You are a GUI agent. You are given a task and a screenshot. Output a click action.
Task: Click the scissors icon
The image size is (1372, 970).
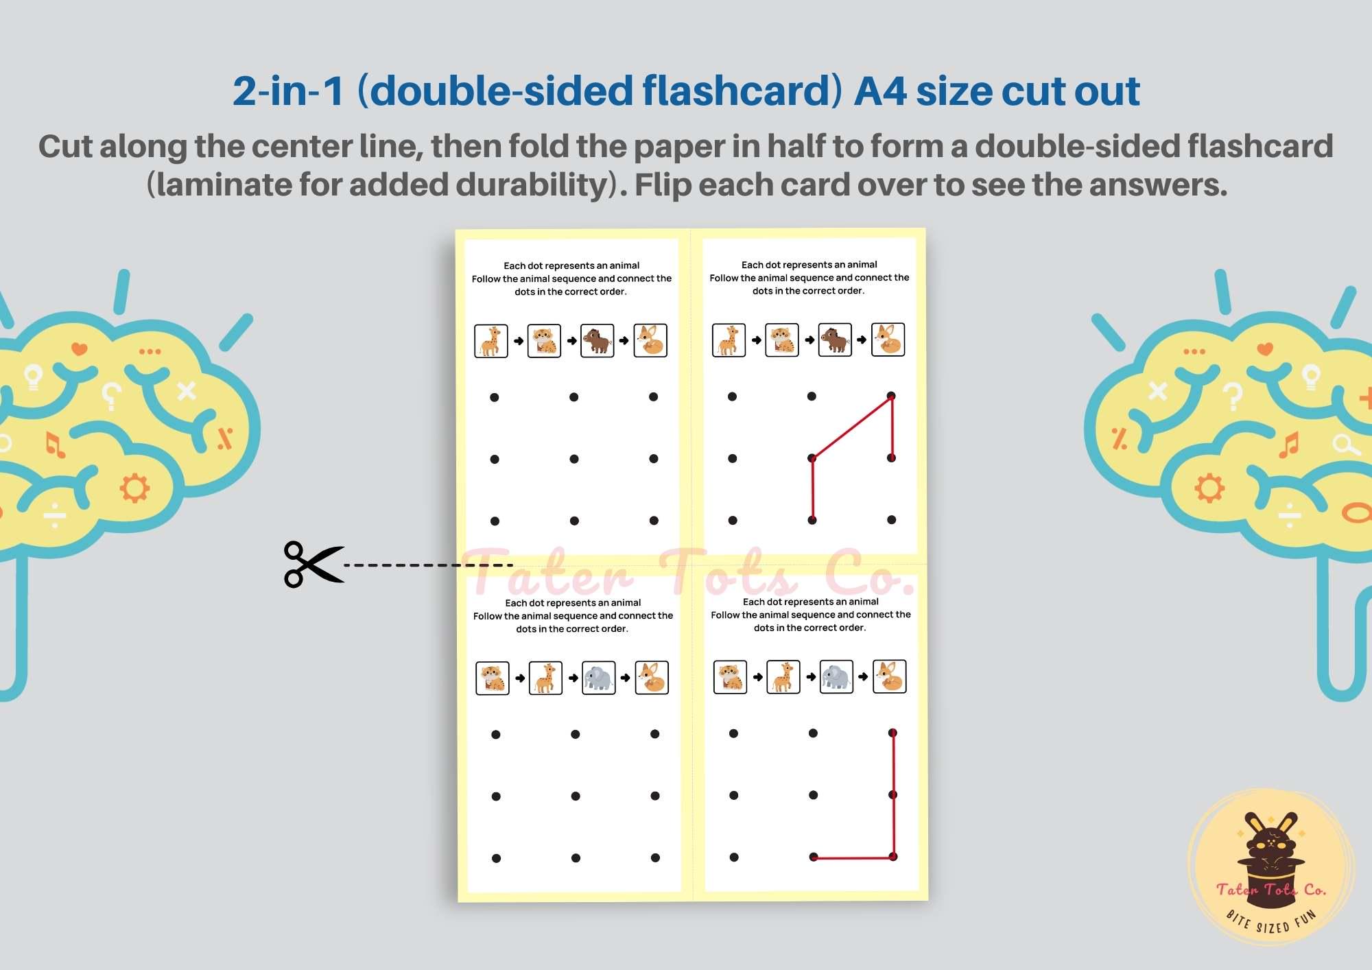click(313, 565)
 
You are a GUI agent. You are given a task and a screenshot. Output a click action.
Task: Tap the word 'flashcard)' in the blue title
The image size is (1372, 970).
click(742, 91)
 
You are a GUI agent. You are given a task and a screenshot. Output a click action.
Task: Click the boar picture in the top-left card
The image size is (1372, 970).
click(597, 341)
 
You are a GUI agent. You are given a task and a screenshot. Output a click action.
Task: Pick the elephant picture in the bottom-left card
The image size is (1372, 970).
click(599, 678)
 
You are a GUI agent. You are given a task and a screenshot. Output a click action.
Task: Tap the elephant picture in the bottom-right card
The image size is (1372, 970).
click(836, 677)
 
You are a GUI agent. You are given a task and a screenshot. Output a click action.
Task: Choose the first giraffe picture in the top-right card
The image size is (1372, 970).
click(729, 340)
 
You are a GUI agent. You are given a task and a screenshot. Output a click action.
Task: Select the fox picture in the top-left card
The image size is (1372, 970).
click(650, 341)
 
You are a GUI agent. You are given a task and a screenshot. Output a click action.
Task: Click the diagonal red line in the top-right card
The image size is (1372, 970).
click(852, 427)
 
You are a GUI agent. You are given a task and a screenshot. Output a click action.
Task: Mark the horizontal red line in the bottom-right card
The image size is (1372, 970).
click(853, 857)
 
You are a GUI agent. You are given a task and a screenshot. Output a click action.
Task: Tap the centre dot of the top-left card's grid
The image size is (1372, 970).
click(574, 459)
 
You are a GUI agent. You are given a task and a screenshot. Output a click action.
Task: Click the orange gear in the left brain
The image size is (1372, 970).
click(134, 488)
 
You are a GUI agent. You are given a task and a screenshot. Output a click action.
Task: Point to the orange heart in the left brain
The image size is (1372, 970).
click(80, 349)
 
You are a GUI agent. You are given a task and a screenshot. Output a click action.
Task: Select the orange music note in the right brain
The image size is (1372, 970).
click(1289, 445)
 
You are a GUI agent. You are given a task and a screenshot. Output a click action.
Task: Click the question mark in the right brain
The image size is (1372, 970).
click(1233, 396)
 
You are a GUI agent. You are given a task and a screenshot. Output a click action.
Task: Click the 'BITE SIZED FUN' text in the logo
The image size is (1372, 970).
click(1271, 923)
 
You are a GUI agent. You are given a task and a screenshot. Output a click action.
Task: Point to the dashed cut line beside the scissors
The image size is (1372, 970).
click(428, 565)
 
